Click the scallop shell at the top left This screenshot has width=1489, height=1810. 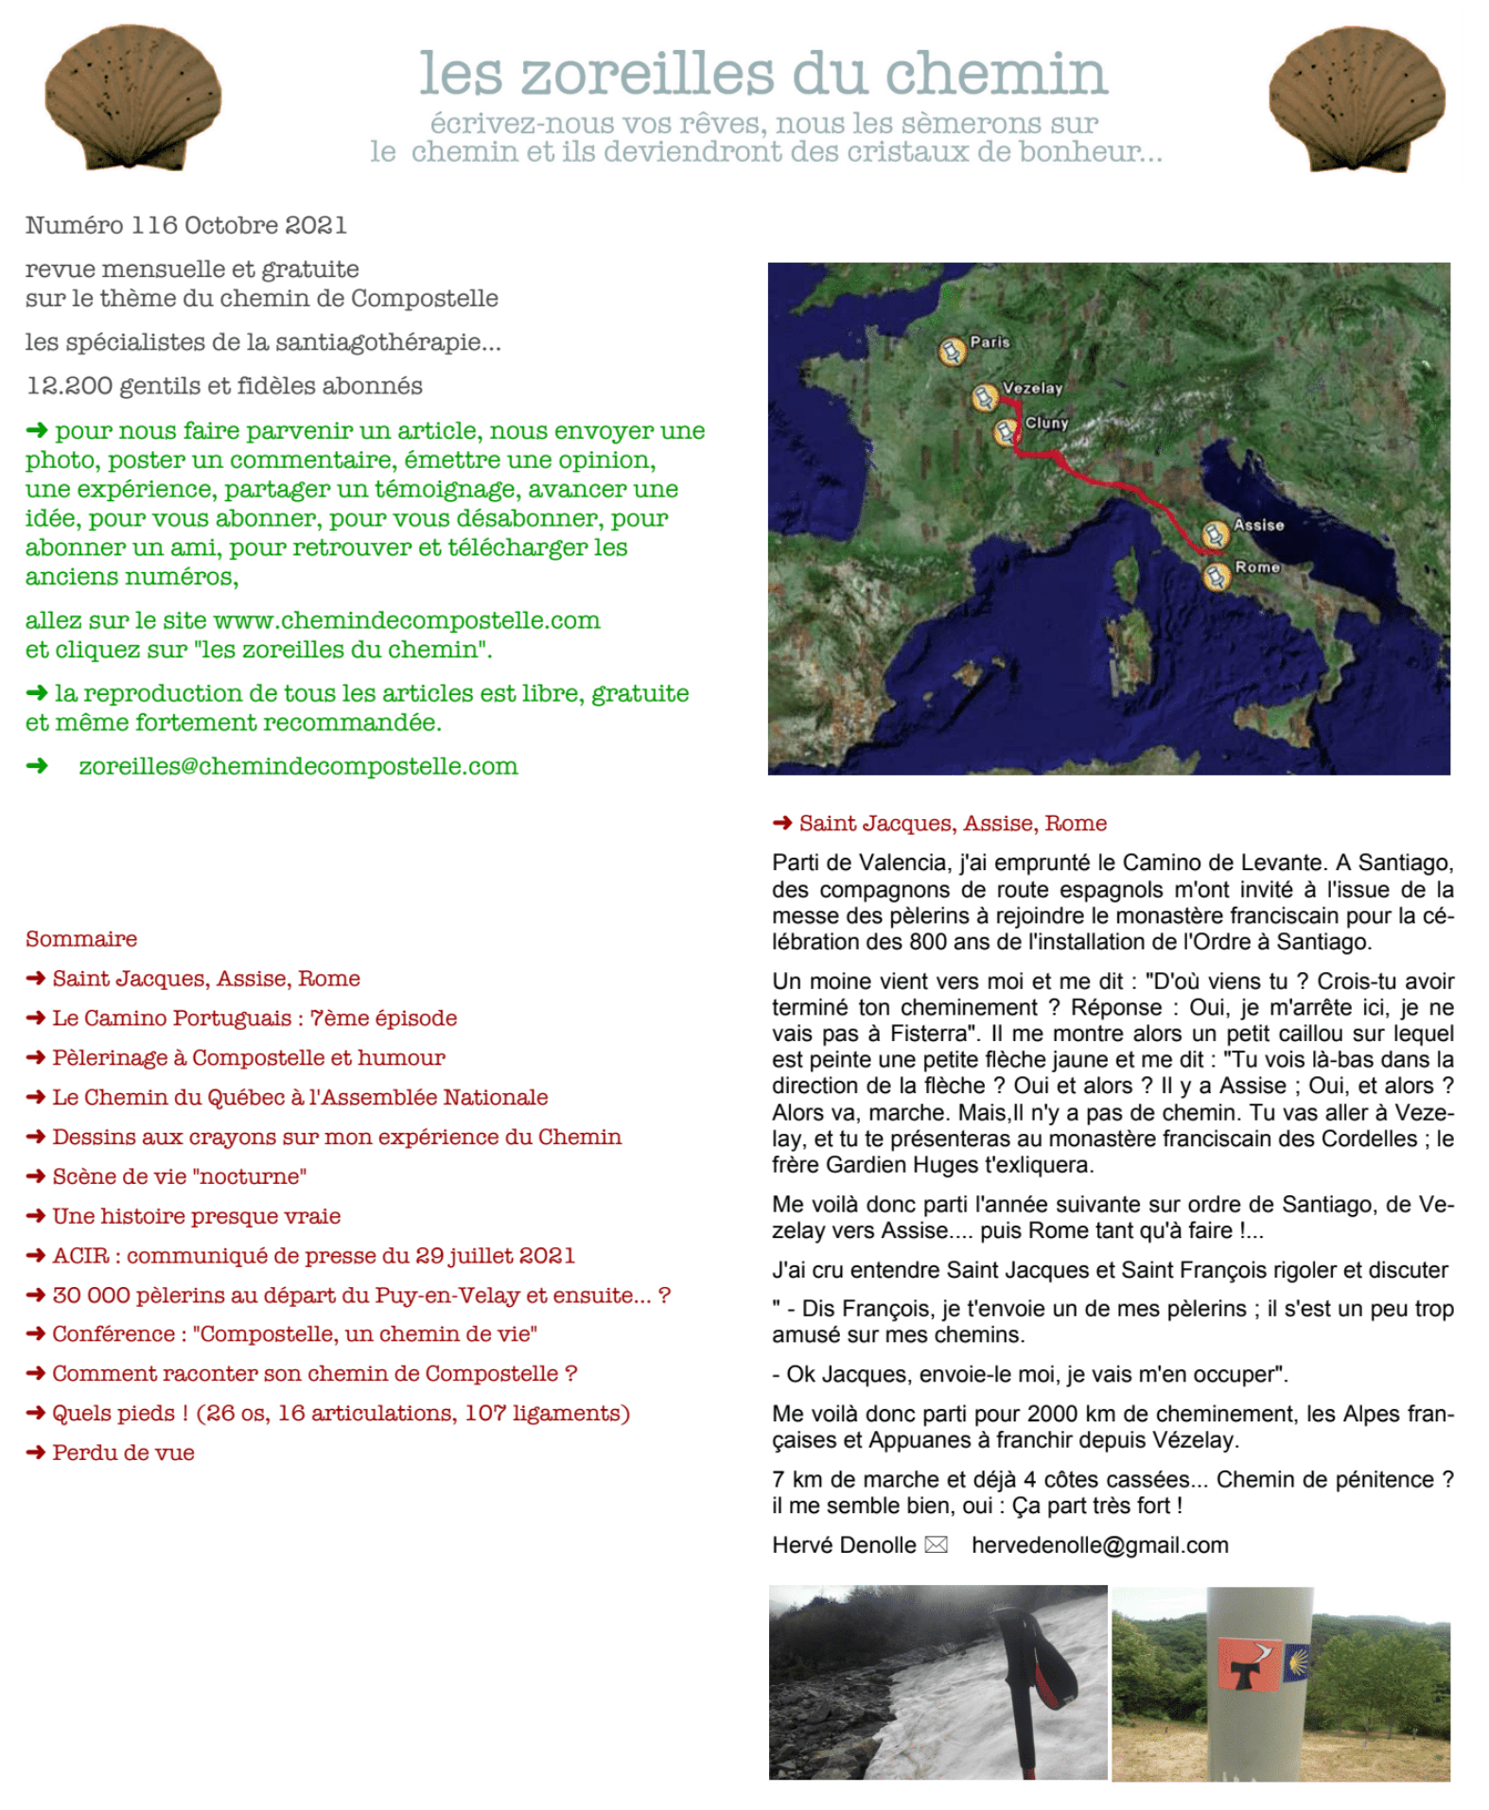[132, 98]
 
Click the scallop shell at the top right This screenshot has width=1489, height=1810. [1357, 98]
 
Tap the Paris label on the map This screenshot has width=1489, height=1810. [990, 342]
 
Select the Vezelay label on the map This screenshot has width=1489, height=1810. [1032, 388]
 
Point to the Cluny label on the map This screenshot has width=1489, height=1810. [1046, 423]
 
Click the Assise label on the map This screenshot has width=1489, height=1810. [1258, 525]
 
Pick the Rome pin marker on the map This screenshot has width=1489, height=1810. [1217, 576]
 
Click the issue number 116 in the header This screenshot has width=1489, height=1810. [154, 225]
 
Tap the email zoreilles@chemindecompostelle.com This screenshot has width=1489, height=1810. [298, 766]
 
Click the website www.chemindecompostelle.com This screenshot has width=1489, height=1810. [407, 620]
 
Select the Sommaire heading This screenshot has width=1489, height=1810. [81, 939]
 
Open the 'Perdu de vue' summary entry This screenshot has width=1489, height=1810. [123, 1453]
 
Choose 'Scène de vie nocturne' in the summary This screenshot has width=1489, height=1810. [180, 1176]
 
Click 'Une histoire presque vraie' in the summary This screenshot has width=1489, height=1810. [196, 1216]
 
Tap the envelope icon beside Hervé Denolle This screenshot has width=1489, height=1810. [936, 1545]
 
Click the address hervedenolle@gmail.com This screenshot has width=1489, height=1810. [1099, 1545]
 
